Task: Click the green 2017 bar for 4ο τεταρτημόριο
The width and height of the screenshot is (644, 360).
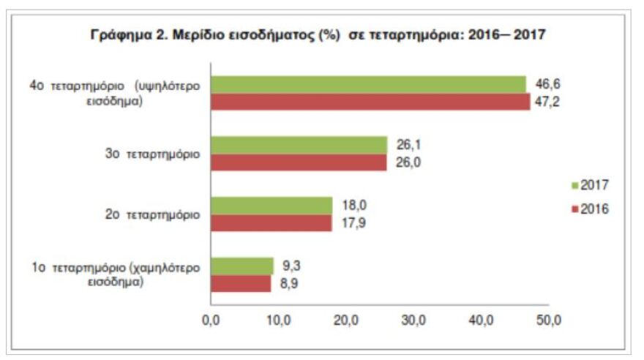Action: coord(368,84)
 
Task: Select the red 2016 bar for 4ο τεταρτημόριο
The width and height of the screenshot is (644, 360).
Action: coord(370,102)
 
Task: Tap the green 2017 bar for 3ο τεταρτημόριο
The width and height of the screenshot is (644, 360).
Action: coord(299,145)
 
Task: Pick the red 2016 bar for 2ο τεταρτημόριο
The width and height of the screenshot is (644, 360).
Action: coord(271,223)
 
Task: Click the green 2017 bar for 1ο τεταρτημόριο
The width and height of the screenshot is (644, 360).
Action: coord(241,266)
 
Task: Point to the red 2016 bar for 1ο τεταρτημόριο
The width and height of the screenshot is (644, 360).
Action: coord(240,284)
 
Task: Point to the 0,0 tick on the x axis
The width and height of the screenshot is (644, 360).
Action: coord(211,320)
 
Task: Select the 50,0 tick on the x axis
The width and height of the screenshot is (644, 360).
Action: coord(549,320)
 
